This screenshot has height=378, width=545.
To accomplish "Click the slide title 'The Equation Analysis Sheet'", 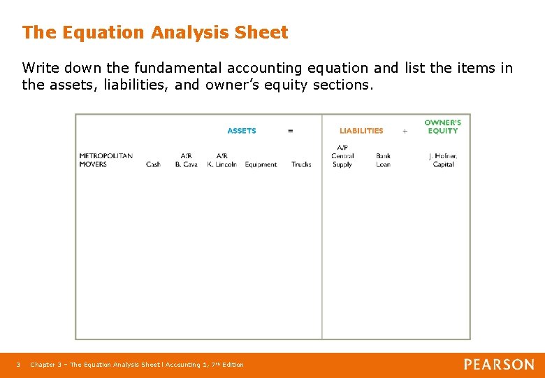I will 154,32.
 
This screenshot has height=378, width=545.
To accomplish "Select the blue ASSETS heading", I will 242,131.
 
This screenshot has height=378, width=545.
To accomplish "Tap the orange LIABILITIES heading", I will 361,131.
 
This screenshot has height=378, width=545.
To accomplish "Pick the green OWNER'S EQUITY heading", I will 443,127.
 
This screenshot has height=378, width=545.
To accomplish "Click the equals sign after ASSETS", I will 291,131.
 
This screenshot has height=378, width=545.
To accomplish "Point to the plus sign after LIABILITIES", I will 405,131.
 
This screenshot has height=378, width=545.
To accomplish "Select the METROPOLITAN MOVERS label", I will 106,160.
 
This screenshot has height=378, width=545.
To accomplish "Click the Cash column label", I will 153,164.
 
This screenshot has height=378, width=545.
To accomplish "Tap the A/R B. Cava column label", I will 186,160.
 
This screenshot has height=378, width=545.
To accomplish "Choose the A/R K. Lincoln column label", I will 221,160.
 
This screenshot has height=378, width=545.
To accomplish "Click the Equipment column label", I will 261,164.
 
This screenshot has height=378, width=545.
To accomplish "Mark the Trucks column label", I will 301,164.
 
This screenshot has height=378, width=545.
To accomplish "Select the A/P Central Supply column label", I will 342,156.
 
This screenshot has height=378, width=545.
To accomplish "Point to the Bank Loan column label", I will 383,160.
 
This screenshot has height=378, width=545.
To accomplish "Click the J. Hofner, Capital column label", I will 443,160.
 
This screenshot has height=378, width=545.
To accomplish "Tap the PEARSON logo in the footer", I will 499,365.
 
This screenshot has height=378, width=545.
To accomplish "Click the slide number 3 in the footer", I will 19,365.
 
